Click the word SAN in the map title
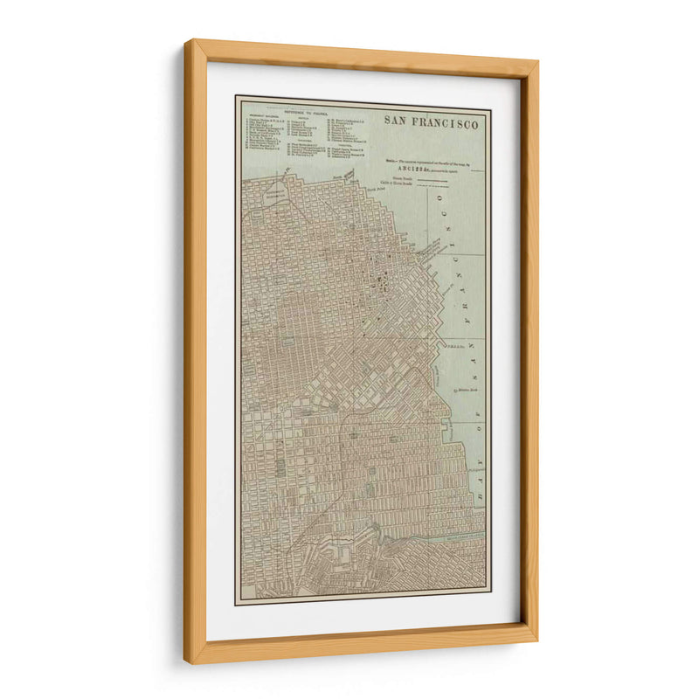click(x=398, y=122)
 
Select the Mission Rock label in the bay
click(x=468, y=389)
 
